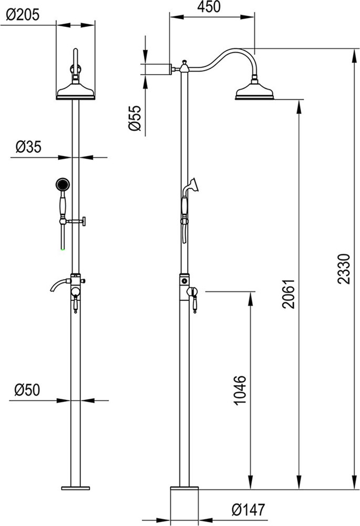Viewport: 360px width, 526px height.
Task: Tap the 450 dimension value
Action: point(209,7)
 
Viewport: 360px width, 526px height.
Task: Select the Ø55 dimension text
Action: point(135,118)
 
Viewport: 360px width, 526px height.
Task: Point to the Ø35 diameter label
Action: point(28,147)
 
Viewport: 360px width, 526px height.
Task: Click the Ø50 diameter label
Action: point(27,390)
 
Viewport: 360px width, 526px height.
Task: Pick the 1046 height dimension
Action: point(240,390)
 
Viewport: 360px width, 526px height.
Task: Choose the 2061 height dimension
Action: point(289,294)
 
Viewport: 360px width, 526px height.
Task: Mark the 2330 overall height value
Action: point(344,269)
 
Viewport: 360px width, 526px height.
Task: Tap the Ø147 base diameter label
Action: point(248,510)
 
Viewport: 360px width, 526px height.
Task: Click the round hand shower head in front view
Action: point(63,184)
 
